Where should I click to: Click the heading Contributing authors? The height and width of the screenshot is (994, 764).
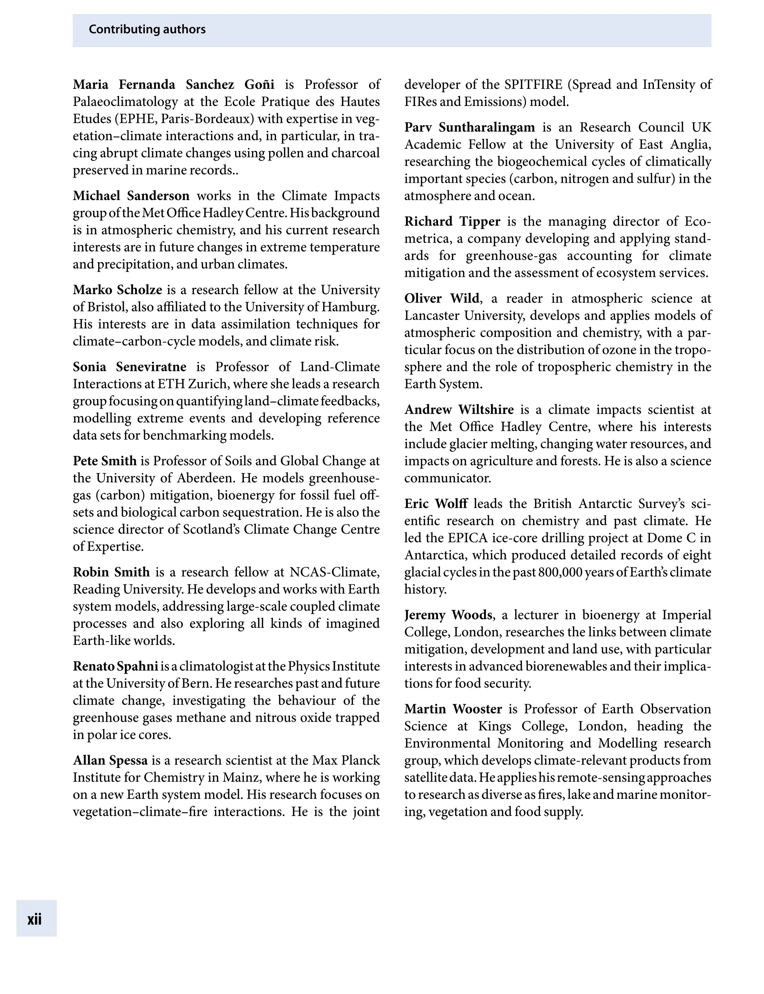(x=147, y=29)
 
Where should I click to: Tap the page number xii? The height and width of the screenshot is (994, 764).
(x=35, y=919)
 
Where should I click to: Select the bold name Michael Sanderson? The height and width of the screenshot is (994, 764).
(x=131, y=195)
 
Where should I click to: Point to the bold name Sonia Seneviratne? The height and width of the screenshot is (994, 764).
(x=129, y=367)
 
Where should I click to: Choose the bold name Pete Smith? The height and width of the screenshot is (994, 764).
(x=104, y=461)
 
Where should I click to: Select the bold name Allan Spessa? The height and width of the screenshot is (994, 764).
(x=110, y=760)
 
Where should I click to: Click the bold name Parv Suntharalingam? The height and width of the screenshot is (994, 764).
(x=469, y=127)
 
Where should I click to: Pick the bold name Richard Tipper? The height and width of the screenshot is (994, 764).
(x=452, y=222)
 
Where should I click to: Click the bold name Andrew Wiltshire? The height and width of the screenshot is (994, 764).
(x=459, y=410)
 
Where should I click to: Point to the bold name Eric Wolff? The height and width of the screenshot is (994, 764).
(x=436, y=504)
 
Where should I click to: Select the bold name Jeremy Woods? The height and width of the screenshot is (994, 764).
(x=448, y=615)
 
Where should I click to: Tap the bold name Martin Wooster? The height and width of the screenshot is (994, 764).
(x=453, y=709)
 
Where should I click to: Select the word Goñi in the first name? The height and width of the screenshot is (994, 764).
(x=259, y=85)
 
